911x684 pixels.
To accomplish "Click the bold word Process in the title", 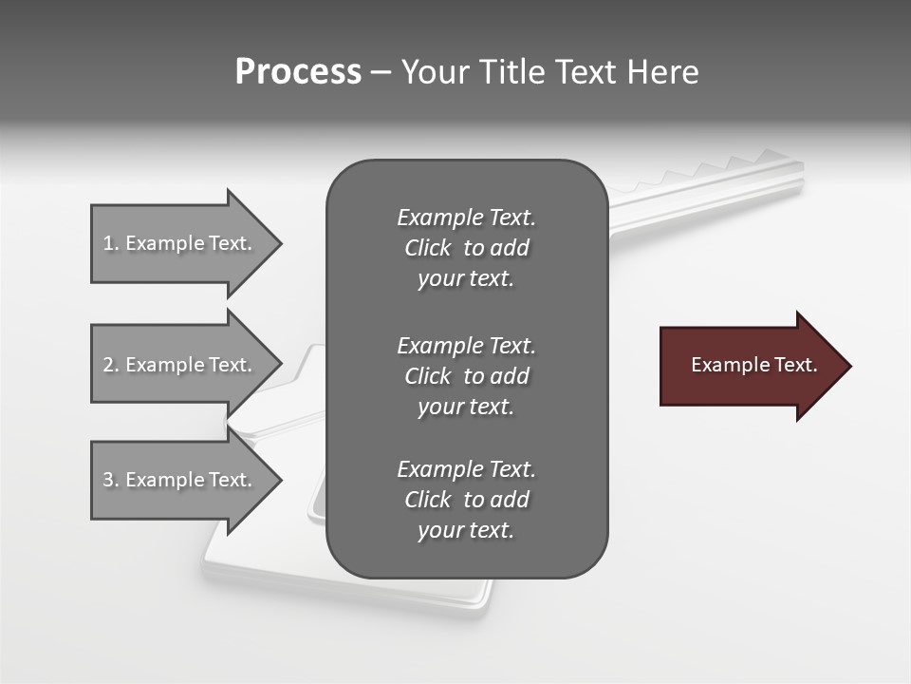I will coord(298,72).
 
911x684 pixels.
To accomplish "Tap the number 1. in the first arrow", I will coord(111,243).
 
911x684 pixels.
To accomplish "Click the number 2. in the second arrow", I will coord(111,365).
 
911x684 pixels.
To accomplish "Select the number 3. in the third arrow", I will coord(111,480).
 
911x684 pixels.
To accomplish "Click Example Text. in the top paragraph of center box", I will coord(466,218).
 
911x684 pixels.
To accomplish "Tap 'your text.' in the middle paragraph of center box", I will coord(466,407).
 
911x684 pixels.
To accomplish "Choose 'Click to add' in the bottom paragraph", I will coord(466,500).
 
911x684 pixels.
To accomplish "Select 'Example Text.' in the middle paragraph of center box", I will coord(466,346).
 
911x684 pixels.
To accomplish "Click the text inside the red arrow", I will coord(754,365).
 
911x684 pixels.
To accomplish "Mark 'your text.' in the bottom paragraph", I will coord(466,530).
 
